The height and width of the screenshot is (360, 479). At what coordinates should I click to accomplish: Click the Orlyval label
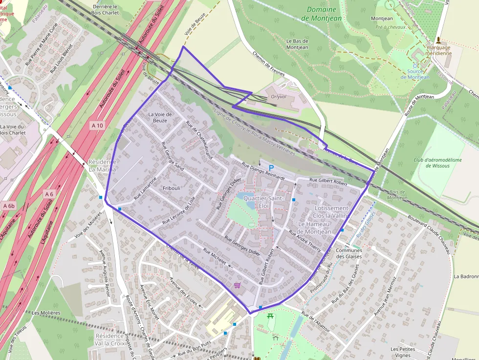pyautogui.click(x=279, y=97)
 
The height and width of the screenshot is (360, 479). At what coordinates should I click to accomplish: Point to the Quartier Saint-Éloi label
pyautogui.click(x=263, y=202)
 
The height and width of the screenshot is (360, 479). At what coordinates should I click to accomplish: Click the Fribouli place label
pyautogui.click(x=172, y=188)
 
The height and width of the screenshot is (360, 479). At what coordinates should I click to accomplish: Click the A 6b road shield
pyautogui.click(x=9, y=206)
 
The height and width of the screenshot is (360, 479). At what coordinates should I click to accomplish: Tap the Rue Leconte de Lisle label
pyautogui.click(x=182, y=211)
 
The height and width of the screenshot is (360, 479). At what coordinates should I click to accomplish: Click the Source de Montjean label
pyautogui.click(x=415, y=74)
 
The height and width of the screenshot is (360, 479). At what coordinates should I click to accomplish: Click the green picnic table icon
pyautogui.click(x=270, y=316)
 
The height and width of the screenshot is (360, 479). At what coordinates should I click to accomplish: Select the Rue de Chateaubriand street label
pyautogui.click(x=199, y=140)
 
